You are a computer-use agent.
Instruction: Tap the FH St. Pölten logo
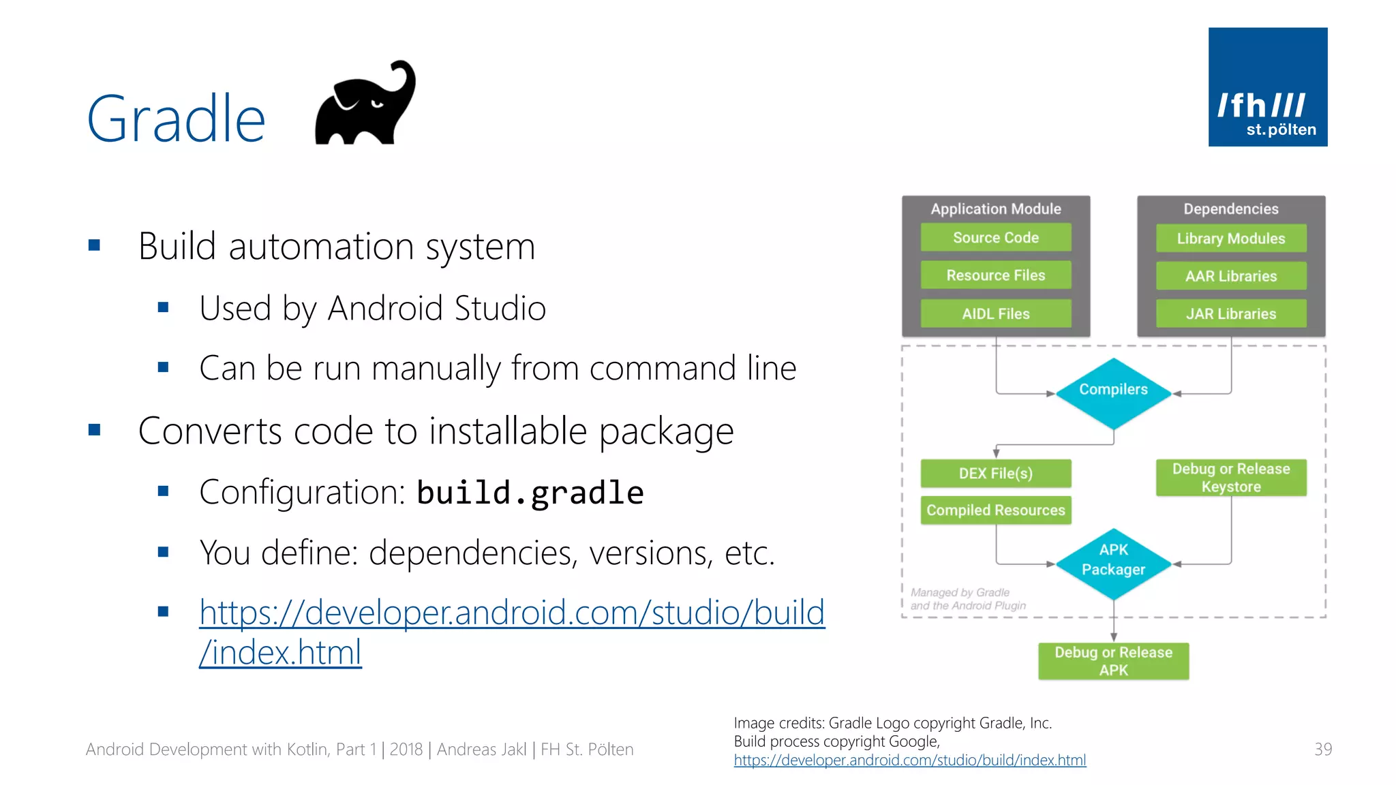(1267, 87)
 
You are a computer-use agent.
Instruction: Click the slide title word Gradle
(176, 119)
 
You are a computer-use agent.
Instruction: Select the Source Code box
(995, 237)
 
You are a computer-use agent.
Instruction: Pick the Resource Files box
(995, 275)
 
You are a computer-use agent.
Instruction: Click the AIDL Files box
(995, 313)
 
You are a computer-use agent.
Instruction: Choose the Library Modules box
(1230, 238)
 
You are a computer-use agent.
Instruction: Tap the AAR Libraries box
(1230, 276)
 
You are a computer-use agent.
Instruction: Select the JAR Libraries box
(1230, 313)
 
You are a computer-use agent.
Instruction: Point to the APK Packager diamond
(1113, 563)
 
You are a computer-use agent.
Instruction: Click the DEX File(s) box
(995, 473)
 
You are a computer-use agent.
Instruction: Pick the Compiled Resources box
(995, 510)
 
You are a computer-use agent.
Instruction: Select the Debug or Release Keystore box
(1230, 478)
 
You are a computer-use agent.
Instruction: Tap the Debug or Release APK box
(1113, 661)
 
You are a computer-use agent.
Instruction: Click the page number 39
(1322, 750)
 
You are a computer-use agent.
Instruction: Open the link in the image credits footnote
(909, 760)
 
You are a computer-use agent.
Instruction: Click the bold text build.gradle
(530, 493)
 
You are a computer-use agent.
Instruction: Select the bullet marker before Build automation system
(95, 245)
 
